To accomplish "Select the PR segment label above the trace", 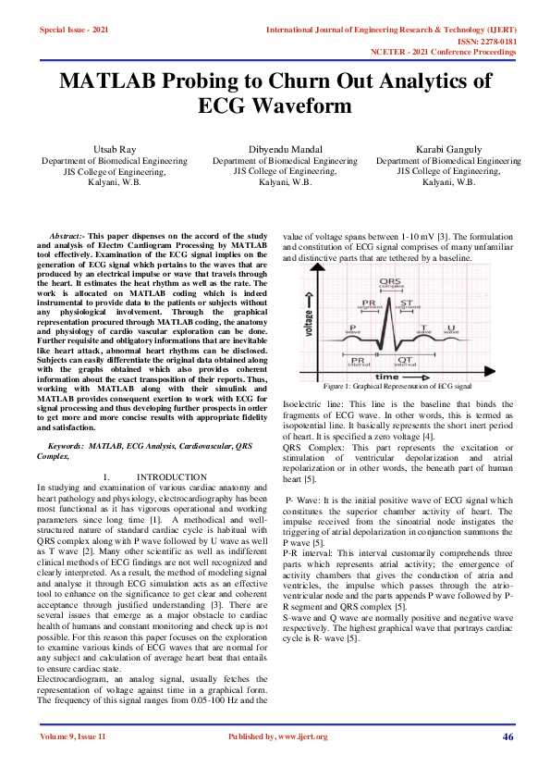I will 369,304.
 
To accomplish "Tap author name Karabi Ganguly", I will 448,148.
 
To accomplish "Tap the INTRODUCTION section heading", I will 170,476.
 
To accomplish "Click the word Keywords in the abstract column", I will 69,446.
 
